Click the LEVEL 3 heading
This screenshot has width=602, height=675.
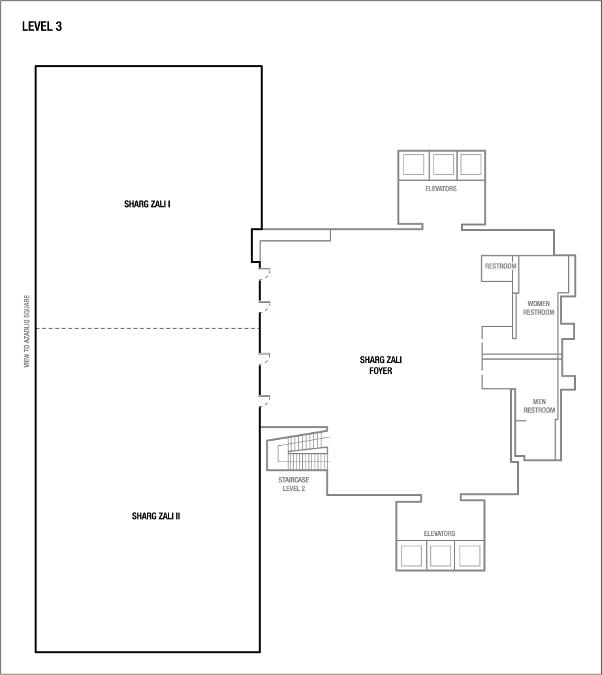point(42,27)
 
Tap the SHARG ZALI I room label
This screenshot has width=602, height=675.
point(147,204)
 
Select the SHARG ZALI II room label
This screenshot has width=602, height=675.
point(156,516)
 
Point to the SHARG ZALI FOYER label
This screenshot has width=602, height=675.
point(376,365)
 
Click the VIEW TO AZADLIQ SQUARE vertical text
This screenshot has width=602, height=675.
point(27,331)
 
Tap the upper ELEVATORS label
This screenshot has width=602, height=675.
point(441,189)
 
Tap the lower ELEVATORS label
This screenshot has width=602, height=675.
point(439,533)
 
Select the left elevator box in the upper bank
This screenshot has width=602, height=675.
point(414,165)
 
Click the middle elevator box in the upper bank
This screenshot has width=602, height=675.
point(443,165)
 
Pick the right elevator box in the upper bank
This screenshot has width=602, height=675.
point(470,165)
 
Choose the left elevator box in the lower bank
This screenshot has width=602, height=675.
point(411,556)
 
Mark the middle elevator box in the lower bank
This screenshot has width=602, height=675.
point(440,556)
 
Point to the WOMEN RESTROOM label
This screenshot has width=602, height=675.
point(539,308)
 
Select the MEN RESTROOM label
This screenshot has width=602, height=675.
point(539,406)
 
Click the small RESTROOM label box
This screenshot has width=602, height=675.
point(500,266)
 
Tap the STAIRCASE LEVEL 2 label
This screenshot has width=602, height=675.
point(293,484)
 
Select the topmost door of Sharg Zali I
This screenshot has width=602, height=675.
point(264,274)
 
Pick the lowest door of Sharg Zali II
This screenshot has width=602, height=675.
point(264,400)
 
